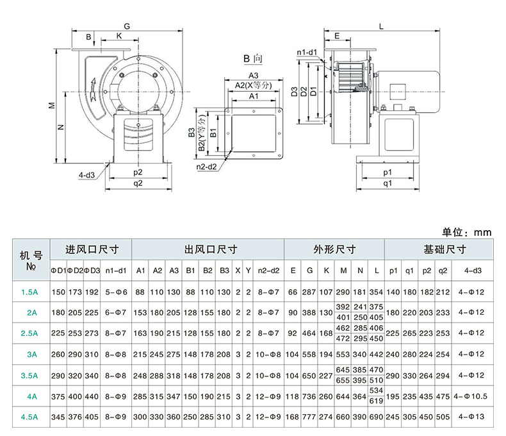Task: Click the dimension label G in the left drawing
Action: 127,26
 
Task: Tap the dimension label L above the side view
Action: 380,26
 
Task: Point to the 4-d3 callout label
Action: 88,174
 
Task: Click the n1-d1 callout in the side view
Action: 307,53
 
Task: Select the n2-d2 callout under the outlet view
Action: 207,167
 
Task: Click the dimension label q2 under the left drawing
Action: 138,183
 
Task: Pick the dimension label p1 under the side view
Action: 387,173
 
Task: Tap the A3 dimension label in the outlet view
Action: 253,76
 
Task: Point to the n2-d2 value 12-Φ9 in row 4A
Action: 269,396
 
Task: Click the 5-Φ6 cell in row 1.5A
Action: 116,292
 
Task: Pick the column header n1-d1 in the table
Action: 116,271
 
